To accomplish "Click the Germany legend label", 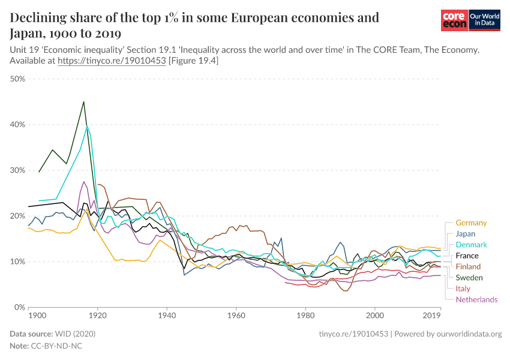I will [471, 223].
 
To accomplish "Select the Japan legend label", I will [466, 233].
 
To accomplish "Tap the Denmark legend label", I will [471, 245].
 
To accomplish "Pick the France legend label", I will [467, 256].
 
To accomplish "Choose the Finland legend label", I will [468, 266].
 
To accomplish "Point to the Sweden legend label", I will [469, 277].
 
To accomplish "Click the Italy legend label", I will [463, 289].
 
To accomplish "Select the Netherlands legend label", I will [476, 299].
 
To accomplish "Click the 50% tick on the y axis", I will [17, 79].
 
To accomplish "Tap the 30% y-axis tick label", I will [17, 170].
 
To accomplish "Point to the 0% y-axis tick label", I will [19, 307].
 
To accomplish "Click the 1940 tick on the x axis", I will [167, 315].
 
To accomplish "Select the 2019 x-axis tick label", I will [432, 315].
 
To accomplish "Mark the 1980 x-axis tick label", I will [305, 315].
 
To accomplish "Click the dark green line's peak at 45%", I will [83, 101].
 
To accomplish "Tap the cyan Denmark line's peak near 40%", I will [87, 125].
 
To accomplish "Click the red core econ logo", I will [454, 21].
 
